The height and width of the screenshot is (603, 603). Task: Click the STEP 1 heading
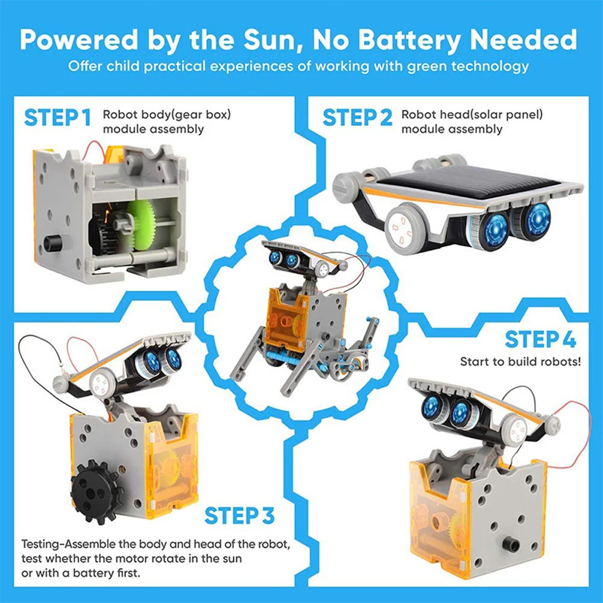click(x=57, y=118)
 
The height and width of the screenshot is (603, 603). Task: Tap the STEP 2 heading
click(x=357, y=118)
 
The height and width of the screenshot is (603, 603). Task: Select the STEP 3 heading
click(x=239, y=516)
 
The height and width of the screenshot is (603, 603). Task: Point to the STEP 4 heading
click(x=540, y=339)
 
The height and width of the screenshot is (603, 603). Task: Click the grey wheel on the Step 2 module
click(x=405, y=230)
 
